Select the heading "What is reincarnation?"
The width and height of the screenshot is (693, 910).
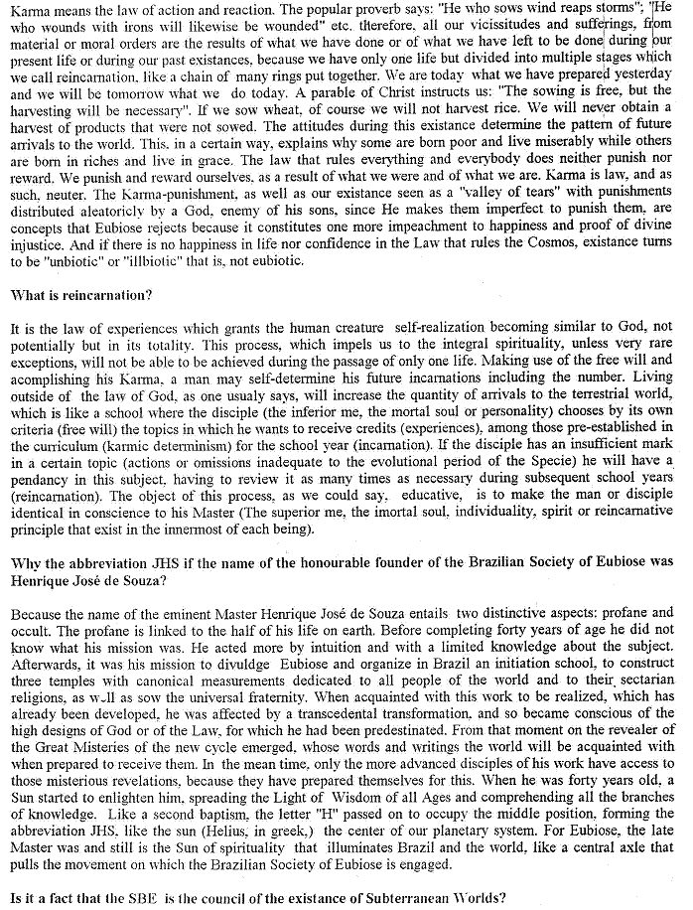(x=80, y=295)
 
